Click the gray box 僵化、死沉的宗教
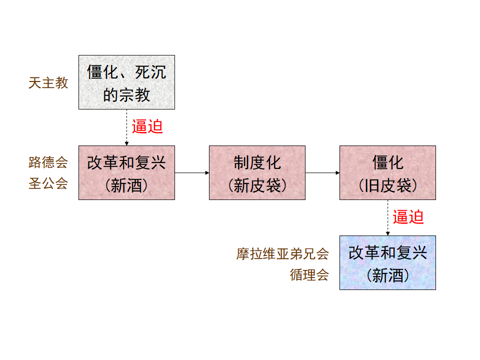pos(126,82)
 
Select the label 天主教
pos(48,83)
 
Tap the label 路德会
pos(48,162)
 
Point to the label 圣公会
pos(48,183)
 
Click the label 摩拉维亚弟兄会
pos(282,254)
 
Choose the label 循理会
pos(309,275)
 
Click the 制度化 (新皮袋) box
pos(257,172)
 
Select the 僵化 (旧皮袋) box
pos(387,172)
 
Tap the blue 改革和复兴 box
pos(387,262)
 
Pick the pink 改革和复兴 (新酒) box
pos(126,172)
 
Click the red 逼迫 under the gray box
pos(147,126)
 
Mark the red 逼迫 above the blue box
pos(408,217)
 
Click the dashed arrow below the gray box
pos(126,127)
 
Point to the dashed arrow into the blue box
pos(387,218)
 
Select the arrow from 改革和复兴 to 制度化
pos(192,173)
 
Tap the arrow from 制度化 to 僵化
pos(322,173)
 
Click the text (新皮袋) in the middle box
pos(257,186)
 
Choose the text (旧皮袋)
pos(387,186)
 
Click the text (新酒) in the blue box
pos(387,275)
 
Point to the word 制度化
pos(257,162)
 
